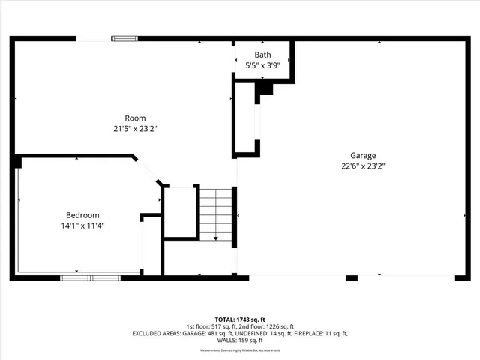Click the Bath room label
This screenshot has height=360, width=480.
coord(262,55)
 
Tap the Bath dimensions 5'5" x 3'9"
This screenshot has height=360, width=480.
coord(262,66)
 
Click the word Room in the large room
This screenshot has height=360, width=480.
coord(135,118)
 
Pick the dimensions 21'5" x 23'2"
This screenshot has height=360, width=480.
coord(135,128)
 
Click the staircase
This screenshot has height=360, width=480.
coord(216,214)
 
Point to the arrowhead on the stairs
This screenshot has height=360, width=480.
coord(216,238)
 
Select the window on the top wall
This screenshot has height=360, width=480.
coord(124,38)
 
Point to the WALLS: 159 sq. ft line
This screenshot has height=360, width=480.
coord(240,340)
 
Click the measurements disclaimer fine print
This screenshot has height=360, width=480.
coord(240,350)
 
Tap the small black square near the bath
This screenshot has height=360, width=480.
coord(265,88)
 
